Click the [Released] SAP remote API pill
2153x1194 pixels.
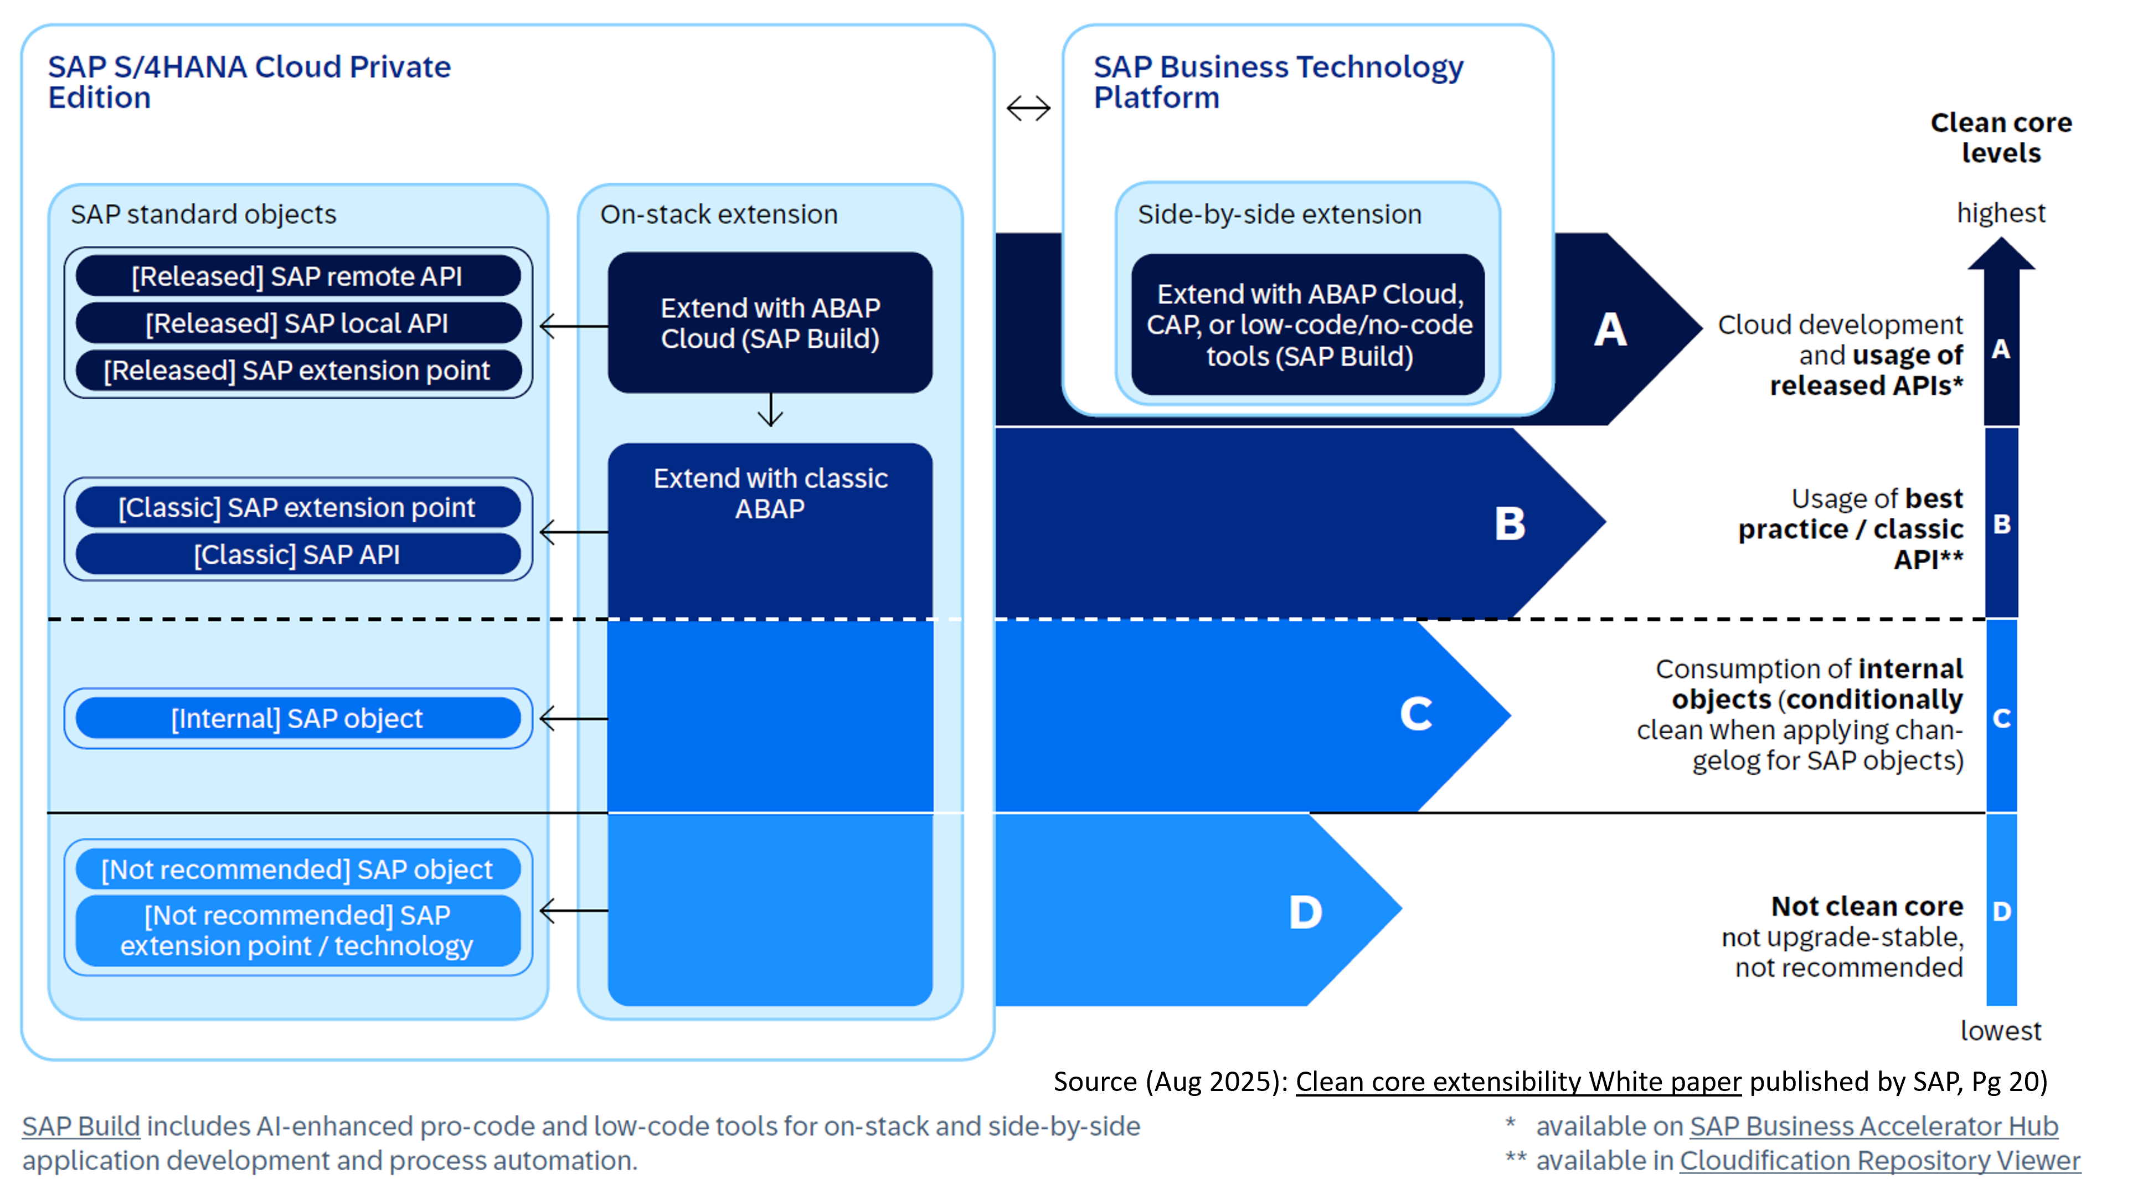297,276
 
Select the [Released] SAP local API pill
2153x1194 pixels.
297,323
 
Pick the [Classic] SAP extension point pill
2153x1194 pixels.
297,507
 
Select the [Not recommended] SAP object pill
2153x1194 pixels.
297,869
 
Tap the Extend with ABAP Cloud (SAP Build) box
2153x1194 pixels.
770,323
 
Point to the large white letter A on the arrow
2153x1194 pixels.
1610,330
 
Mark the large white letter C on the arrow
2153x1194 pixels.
1416,714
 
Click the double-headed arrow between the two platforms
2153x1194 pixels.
1028,108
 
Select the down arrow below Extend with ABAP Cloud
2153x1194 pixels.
770,410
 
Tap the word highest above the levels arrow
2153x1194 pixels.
2001,213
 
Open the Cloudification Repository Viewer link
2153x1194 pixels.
1879,1161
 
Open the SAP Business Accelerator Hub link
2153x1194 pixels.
1874,1126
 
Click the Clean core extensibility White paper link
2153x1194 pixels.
1518,1081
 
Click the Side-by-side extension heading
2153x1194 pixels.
1279,215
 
